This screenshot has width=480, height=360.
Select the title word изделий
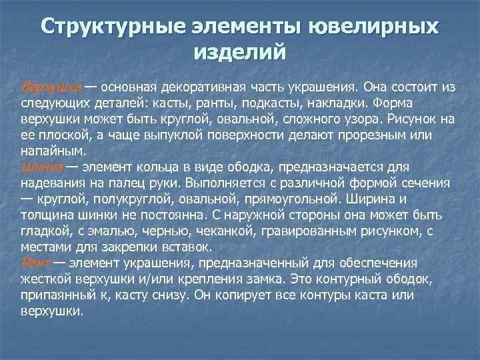coord(240,51)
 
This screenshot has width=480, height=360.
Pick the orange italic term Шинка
coord(43,167)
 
